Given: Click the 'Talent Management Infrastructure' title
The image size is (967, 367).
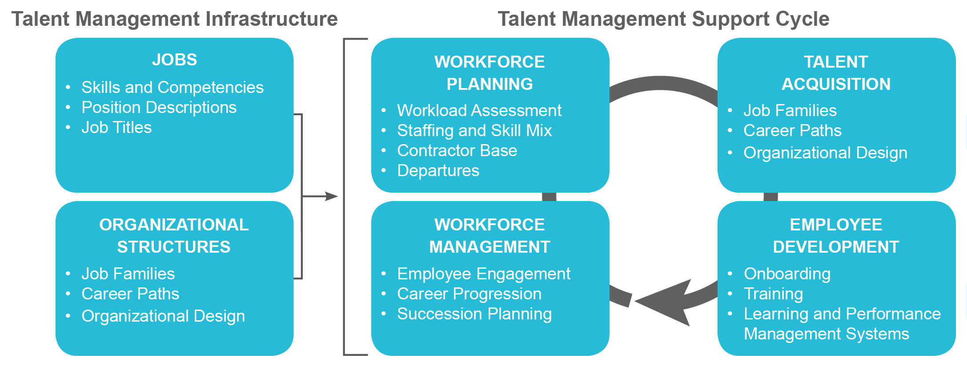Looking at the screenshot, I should [174, 19].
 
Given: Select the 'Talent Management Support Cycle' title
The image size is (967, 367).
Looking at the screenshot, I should [663, 19].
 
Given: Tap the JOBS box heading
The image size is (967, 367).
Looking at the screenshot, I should [174, 60].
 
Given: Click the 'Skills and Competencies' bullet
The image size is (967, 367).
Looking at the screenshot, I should [173, 87].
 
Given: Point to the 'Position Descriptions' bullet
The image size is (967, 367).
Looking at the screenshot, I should [159, 107].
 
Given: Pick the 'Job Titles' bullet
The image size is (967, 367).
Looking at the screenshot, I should [116, 128].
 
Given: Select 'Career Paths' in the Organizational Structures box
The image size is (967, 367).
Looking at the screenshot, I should [130, 294].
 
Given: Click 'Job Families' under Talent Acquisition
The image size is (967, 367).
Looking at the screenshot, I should [790, 110].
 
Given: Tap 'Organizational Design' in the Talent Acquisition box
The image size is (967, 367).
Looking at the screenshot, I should [825, 153].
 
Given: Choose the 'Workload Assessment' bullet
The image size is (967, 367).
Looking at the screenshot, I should [479, 110].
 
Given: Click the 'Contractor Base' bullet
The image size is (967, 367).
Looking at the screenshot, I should [457, 150].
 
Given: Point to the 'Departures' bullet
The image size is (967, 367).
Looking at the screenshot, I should [438, 170].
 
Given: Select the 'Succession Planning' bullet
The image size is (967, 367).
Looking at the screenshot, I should [474, 314].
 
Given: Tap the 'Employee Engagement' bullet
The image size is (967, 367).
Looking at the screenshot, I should [484, 274].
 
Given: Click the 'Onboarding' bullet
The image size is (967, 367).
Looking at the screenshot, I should [787, 274].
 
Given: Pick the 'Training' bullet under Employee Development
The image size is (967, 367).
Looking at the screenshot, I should [773, 294].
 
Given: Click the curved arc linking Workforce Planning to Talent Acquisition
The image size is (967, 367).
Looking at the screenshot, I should [662, 83].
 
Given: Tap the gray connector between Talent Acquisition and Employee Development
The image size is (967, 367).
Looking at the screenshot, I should [770, 197].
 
